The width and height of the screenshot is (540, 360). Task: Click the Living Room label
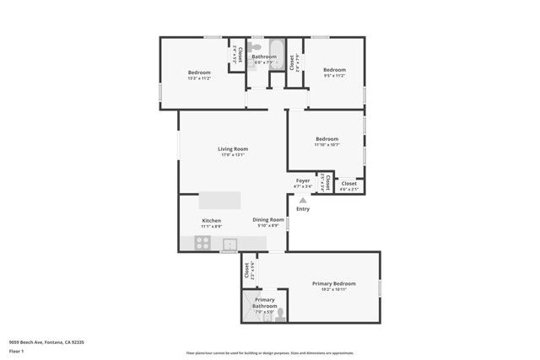point(232,149)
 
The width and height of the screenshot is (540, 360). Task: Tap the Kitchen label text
point(211,221)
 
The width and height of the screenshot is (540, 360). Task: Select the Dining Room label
point(268,220)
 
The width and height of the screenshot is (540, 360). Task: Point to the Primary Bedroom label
point(333,283)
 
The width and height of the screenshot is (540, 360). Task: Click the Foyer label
point(302,180)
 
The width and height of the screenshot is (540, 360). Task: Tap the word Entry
point(303,209)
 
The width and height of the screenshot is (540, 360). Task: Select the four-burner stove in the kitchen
point(203,244)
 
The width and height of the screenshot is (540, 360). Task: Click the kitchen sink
point(229,244)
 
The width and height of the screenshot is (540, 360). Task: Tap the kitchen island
point(219,201)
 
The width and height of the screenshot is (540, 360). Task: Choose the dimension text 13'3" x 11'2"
point(199,78)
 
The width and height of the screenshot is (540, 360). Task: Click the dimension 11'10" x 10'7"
point(327,145)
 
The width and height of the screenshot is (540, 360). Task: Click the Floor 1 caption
point(17,351)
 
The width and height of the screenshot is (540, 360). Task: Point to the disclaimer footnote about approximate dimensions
point(269,353)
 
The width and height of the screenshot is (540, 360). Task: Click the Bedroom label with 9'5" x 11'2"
point(335,70)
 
